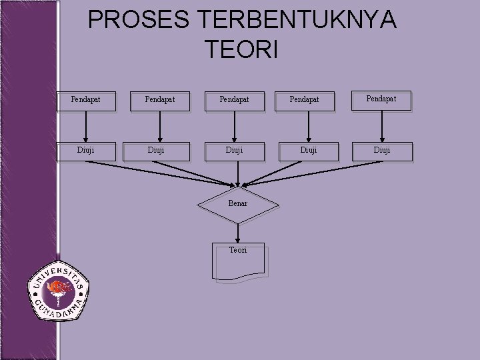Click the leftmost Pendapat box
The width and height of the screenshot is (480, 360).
(86, 100)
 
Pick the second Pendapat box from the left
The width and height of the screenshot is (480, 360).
(160, 100)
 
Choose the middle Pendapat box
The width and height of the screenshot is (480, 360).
(234, 100)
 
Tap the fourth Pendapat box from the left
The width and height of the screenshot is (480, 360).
(304, 100)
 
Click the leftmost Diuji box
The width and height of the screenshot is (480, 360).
(86, 151)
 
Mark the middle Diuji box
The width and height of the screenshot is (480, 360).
(234, 151)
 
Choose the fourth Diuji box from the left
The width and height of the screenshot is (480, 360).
(308, 151)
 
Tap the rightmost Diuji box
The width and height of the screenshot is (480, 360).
(382, 151)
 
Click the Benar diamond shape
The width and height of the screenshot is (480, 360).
(238, 203)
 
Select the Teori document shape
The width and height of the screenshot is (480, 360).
(238, 260)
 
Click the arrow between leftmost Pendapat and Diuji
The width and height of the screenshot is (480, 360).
(86, 126)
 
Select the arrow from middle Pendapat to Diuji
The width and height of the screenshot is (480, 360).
(234, 126)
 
